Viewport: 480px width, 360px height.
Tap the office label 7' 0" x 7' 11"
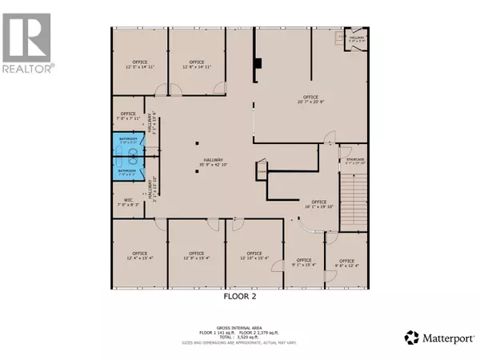(x=128, y=115)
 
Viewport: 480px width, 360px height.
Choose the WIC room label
(x=128, y=202)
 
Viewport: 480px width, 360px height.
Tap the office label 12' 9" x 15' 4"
(x=195, y=255)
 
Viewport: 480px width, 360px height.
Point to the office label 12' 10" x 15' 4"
(x=255, y=255)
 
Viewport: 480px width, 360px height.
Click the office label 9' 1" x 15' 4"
(x=304, y=262)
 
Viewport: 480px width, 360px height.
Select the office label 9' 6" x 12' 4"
(x=346, y=262)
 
